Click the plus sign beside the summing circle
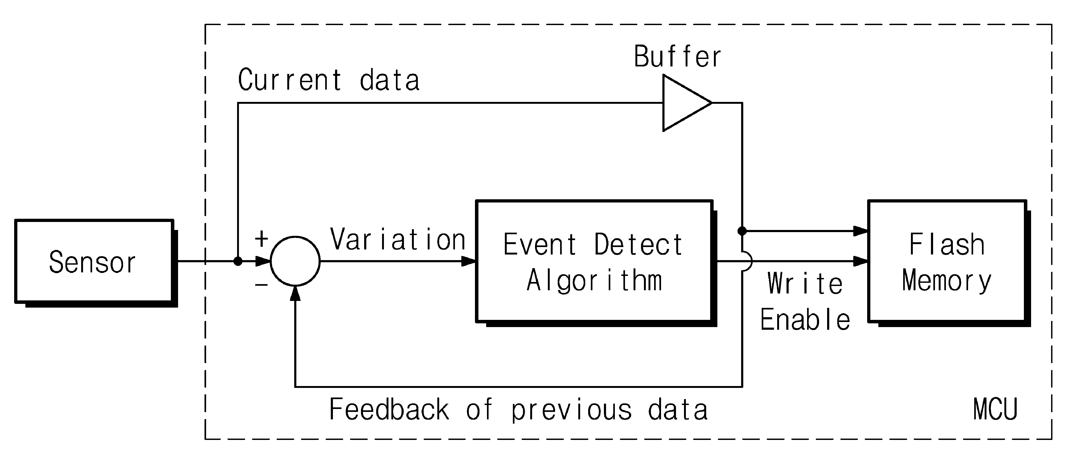tap(261, 239)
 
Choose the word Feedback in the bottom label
tap(389, 409)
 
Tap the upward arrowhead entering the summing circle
tap(295, 294)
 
